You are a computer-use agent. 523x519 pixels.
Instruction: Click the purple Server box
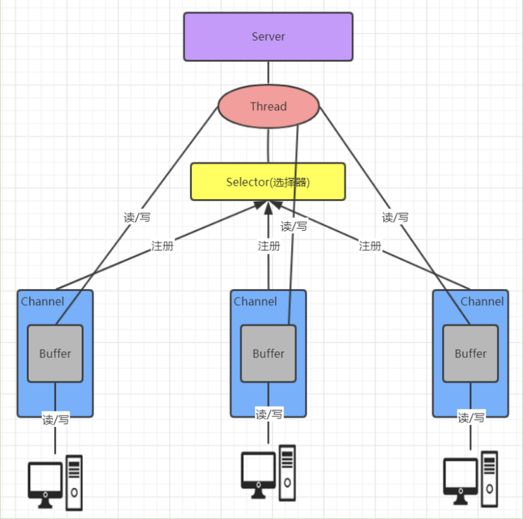coord(268,37)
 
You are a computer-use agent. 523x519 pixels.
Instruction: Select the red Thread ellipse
coord(268,106)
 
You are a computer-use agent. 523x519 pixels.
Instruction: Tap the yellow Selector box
coord(268,182)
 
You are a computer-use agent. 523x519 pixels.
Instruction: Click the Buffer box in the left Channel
coord(55,353)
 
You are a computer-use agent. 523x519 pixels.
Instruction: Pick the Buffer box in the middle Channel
coord(268,353)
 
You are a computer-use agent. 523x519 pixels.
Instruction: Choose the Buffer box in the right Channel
coord(470,353)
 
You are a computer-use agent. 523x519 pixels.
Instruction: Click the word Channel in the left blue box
coord(42,302)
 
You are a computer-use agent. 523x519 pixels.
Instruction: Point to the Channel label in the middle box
coord(255,302)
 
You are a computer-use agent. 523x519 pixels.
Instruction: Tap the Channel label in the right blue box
coord(482,302)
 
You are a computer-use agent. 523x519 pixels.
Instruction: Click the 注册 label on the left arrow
coord(162,246)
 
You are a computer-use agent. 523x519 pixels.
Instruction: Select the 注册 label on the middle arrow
coord(269,246)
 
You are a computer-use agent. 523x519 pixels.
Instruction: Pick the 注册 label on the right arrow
coord(370,246)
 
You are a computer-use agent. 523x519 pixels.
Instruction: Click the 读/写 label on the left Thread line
coord(137,217)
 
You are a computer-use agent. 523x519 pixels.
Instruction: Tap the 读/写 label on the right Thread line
coord(395,217)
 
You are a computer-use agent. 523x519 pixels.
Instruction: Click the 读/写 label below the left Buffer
coord(56,419)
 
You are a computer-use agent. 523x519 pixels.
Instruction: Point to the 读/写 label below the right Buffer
coord(471,418)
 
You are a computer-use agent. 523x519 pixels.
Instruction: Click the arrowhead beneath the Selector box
coord(268,206)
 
